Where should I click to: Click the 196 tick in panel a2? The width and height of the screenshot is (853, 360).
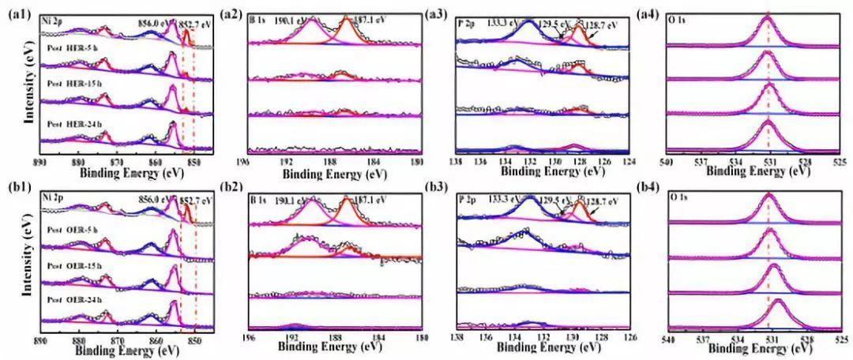pos(248,162)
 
